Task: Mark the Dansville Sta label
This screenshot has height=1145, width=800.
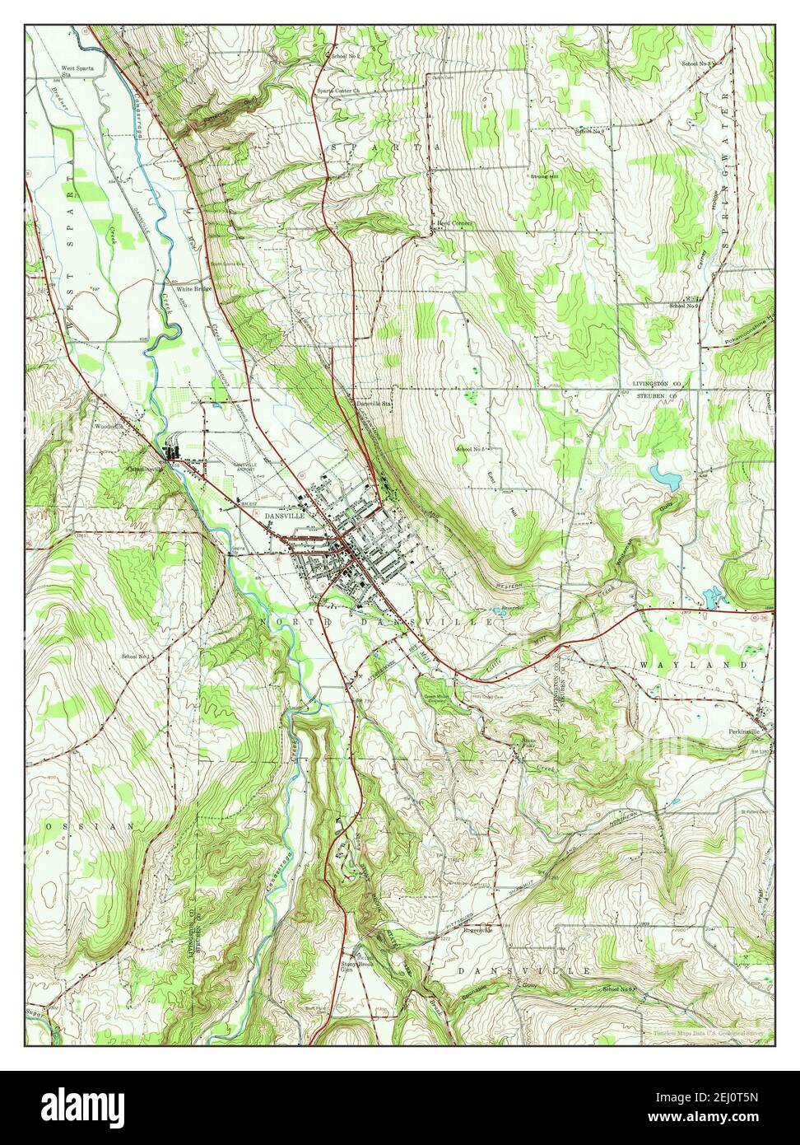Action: click(x=374, y=404)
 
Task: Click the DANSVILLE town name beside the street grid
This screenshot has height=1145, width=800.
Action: click(x=285, y=515)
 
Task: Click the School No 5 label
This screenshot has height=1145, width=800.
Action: click(x=471, y=449)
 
